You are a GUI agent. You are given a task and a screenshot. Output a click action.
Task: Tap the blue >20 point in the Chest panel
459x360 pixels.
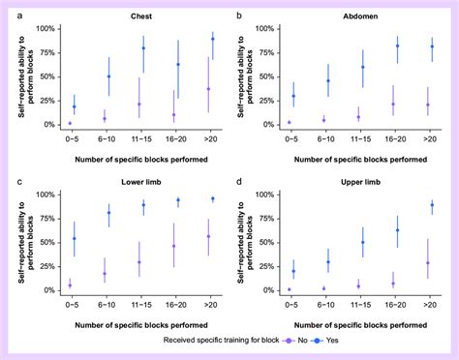pyautogui.click(x=212, y=39)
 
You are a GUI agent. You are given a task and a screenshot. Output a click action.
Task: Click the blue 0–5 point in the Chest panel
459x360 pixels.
pyautogui.click(x=74, y=106)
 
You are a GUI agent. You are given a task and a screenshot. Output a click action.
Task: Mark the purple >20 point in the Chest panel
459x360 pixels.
pyautogui.click(x=208, y=89)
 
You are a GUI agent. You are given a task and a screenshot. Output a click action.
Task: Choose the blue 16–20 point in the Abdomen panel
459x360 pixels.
pyautogui.click(x=397, y=45)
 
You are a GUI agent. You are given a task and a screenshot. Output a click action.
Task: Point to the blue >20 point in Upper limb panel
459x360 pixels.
pyautogui.click(x=432, y=205)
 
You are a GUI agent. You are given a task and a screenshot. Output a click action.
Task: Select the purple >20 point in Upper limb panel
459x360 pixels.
pyautogui.click(x=428, y=262)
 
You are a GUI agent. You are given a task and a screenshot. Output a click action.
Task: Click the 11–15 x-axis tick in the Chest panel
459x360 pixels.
pyautogui.click(x=142, y=136)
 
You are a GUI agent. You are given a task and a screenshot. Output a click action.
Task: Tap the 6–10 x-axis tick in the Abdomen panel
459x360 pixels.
pyautogui.click(x=326, y=136)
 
